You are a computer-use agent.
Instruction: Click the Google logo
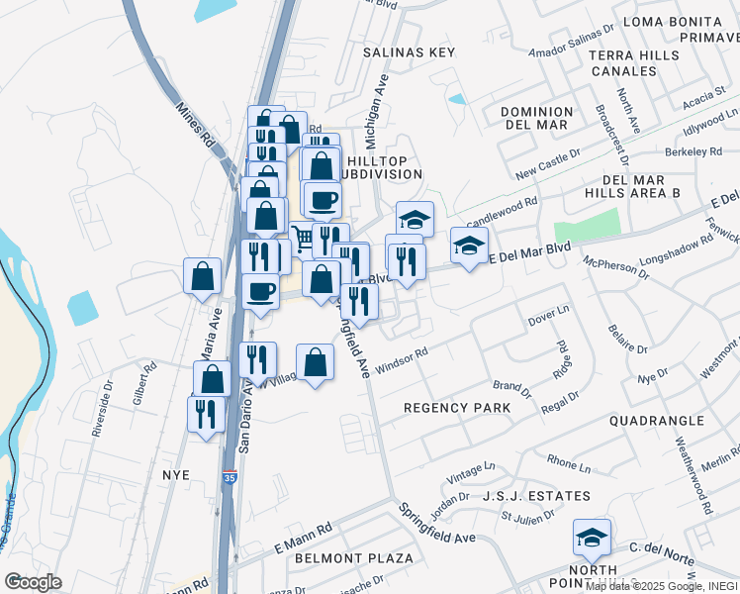pyautogui.click(x=33, y=582)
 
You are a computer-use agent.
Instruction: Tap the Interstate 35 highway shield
pyautogui.click(x=229, y=476)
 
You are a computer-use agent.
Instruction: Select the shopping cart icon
pyautogui.click(x=302, y=238)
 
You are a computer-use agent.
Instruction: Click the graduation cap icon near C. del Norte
pyautogui.click(x=592, y=538)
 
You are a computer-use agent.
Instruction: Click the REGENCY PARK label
pyautogui.click(x=457, y=408)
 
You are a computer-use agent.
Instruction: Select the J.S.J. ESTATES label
pyautogui.click(x=536, y=496)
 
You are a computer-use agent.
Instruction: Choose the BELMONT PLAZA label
pyautogui.click(x=354, y=558)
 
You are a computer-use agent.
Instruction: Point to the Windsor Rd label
pyautogui.click(x=401, y=358)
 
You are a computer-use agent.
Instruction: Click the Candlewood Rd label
pyautogui.click(x=502, y=210)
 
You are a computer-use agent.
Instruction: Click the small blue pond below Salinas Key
pyautogui.click(x=456, y=99)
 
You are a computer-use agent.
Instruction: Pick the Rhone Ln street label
pyautogui.click(x=568, y=463)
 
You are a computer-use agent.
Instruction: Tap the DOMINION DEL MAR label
pyautogui.click(x=537, y=118)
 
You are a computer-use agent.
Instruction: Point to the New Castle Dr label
pyautogui.click(x=541, y=165)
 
